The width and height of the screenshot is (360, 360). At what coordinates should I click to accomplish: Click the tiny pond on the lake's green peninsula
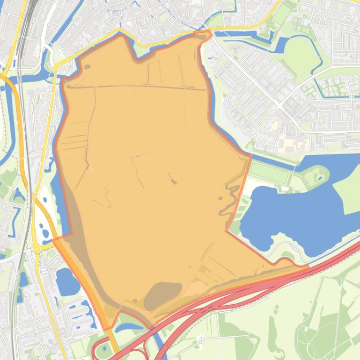(320, 177)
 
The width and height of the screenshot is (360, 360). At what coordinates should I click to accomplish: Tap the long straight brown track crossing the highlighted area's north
(140, 87)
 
